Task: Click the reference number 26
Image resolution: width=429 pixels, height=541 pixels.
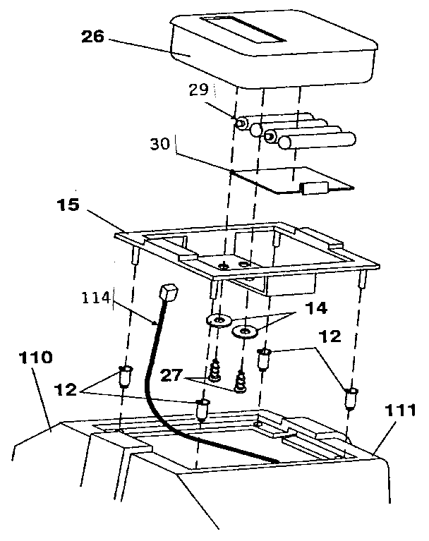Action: coord(92,36)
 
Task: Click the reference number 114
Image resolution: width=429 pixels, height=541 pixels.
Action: coord(95,298)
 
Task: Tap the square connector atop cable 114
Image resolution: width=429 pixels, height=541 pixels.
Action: coord(168,291)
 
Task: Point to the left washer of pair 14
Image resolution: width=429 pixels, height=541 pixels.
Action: coord(220,322)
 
